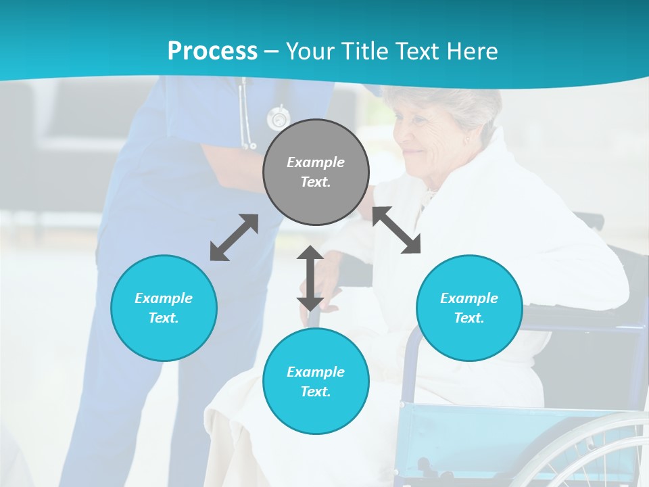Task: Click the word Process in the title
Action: pyautogui.click(x=212, y=51)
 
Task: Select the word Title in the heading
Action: pyautogui.click(x=366, y=51)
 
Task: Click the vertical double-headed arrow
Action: pyautogui.click(x=310, y=278)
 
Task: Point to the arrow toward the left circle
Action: pyautogui.click(x=234, y=237)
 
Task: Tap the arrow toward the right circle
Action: pyautogui.click(x=397, y=230)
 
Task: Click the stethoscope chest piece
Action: pyautogui.click(x=277, y=118)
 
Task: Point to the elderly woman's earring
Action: pyautogui.click(x=466, y=141)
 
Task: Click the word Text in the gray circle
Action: pyautogui.click(x=316, y=182)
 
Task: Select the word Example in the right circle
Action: pyautogui.click(x=469, y=298)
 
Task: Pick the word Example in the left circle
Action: pyautogui.click(x=164, y=298)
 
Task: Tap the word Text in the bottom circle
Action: pyautogui.click(x=316, y=392)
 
